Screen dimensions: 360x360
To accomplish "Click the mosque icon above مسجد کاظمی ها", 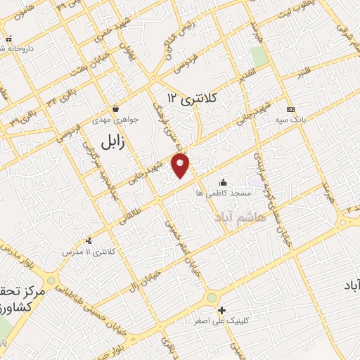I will coord(224,182).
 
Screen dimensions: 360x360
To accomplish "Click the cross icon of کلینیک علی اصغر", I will coord(222,310).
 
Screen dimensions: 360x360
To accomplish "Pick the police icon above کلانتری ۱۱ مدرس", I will coord(88,240).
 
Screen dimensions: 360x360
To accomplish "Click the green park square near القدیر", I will coord(259,57).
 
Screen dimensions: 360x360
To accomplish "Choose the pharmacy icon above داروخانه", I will coord(8,39).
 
